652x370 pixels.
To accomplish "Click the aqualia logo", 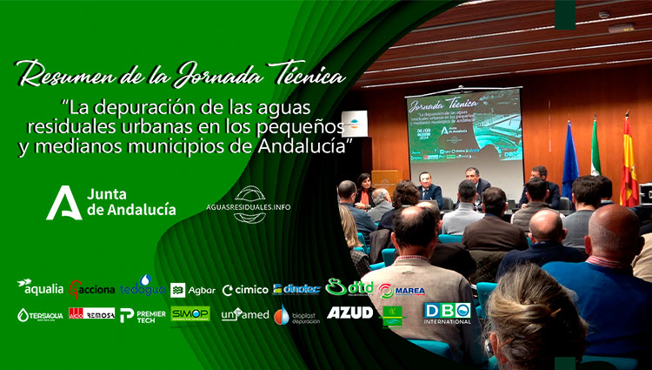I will click(x=40, y=286).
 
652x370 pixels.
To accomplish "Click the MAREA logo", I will click(x=402, y=290).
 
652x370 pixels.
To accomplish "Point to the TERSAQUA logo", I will click(x=40, y=314).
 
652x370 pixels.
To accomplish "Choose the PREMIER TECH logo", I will click(x=143, y=315).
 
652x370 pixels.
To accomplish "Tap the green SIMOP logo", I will click(x=190, y=313).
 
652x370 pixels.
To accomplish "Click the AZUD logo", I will click(x=349, y=313).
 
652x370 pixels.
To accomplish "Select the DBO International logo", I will click(x=448, y=313).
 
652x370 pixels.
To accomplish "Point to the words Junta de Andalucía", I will click(x=130, y=201).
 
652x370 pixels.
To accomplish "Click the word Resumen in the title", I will click(x=67, y=76).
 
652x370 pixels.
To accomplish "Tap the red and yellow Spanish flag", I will click(x=629, y=163).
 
